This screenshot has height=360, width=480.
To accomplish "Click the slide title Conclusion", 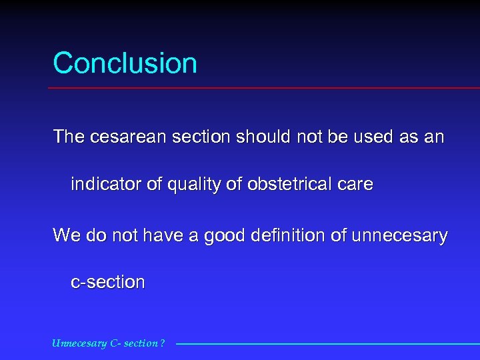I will tap(125, 63).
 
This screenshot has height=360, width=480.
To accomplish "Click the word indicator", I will tap(107, 185).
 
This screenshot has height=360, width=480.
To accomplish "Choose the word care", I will tap(355, 185).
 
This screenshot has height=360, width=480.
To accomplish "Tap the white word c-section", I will tap(107, 282).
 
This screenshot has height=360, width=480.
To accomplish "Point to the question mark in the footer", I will tap(163, 344).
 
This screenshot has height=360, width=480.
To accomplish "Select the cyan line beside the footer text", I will tap(327, 344).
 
